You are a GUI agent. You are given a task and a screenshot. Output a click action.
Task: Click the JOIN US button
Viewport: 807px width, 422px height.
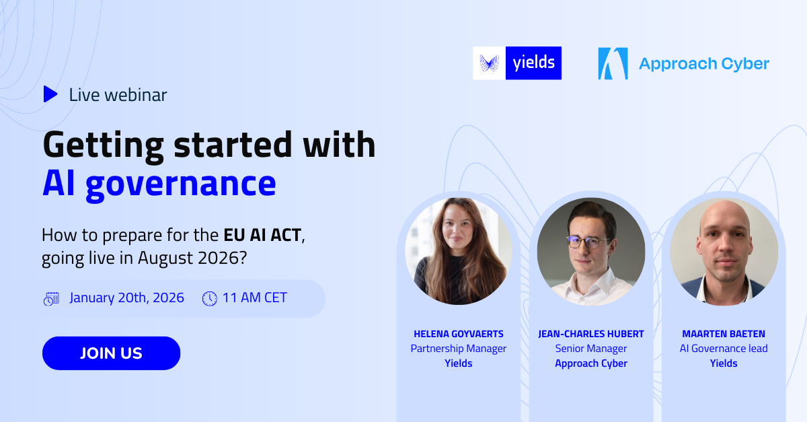tap(111, 353)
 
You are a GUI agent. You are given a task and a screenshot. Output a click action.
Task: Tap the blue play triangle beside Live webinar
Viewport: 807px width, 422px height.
tap(50, 94)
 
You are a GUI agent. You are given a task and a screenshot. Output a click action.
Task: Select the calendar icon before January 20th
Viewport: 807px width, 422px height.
tap(51, 298)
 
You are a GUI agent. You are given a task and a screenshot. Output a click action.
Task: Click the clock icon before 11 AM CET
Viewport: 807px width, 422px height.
tap(210, 298)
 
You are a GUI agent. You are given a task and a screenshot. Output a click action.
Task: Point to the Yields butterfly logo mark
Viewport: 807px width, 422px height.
tap(489, 63)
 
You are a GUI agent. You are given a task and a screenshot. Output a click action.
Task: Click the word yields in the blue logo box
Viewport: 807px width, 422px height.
tap(533, 63)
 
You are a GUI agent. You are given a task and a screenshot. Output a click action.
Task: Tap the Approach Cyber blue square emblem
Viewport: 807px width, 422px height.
tap(613, 63)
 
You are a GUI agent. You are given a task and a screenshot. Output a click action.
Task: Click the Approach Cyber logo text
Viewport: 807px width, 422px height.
tap(703, 64)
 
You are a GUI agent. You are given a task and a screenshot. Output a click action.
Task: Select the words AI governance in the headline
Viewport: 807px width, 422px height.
tap(159, 183)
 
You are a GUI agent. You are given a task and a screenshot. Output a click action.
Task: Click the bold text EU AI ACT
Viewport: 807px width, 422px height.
tap(262, 236)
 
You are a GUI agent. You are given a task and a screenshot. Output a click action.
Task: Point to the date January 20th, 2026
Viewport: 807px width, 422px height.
tap(126, 297)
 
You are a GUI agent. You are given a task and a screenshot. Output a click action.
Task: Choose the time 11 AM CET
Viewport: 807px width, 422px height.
tap(254, 297)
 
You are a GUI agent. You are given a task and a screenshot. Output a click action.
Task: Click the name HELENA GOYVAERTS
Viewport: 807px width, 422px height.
tap(459, 334)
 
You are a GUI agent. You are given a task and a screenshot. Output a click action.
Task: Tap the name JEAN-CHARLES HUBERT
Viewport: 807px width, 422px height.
tap(591, 334)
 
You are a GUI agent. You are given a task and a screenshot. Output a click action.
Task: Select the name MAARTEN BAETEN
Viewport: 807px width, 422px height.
tap(724, 334)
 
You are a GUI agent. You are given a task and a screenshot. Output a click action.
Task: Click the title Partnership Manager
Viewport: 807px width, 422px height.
tap(459, 349)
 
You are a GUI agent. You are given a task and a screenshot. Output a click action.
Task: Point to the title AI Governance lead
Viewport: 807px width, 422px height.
tap(724, 349)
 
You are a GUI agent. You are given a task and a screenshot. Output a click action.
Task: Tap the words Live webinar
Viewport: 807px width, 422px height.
tap(118, 95)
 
